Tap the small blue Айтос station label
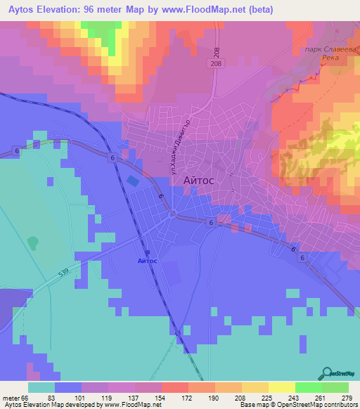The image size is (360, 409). (x=148, y=261)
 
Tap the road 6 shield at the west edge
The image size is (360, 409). (x=15, y=151)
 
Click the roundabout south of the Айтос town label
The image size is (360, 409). (x=171, y=214)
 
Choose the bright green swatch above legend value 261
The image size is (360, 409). (x=309, y=387)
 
